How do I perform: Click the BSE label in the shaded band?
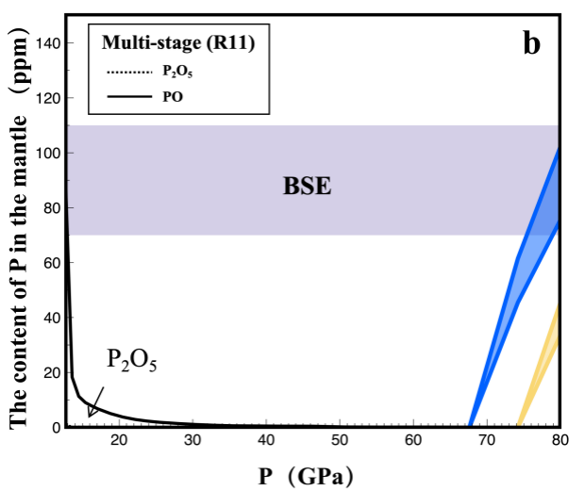[x=308, y=186]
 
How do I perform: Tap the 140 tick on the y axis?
[x=48, y=43]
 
